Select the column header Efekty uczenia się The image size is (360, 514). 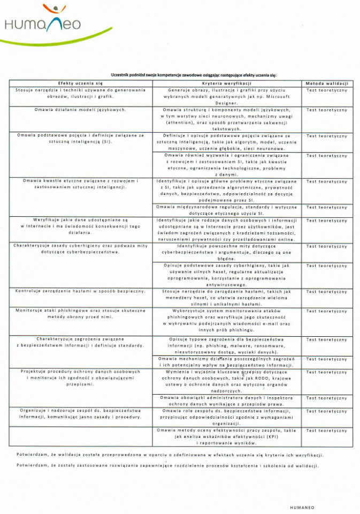click(80, 84)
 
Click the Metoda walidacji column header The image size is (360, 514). click(326, 84)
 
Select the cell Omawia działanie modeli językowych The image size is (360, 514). click(80, 109)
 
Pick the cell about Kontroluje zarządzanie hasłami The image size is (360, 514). click(80, 291)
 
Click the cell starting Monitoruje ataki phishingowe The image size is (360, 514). click(80, 314)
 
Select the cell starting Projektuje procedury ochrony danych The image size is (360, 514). click(80, 378)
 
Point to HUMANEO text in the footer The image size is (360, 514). click(302, 505)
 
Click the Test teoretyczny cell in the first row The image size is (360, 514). click(326, 90)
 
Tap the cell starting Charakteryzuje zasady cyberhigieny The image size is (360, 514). click(80, 248)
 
